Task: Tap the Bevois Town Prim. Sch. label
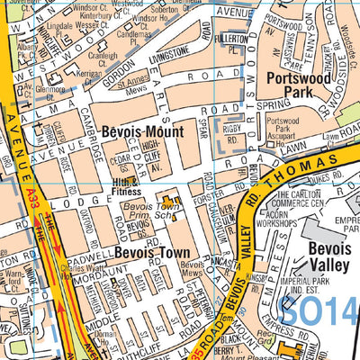[x=148, y=211]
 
